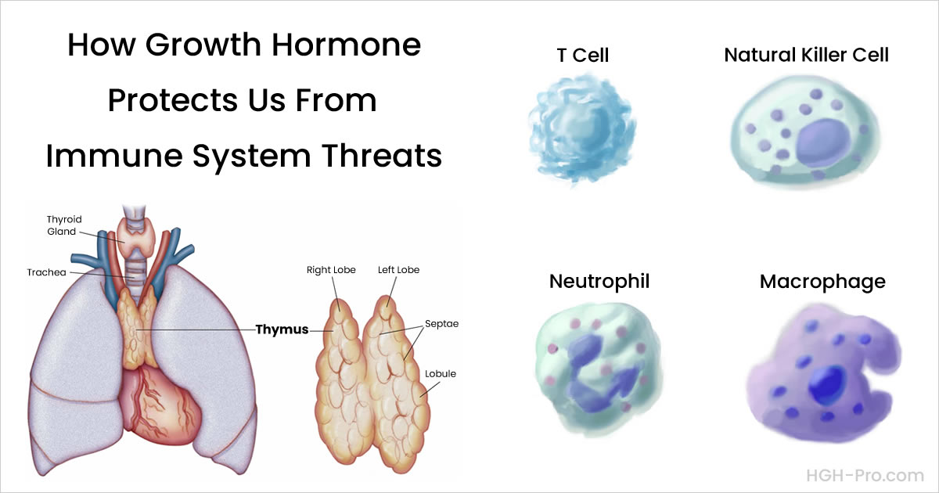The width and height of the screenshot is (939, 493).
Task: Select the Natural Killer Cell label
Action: point(806,56)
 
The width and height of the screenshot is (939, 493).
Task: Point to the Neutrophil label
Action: point(599,281)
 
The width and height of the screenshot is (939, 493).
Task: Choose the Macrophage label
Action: point(822,281)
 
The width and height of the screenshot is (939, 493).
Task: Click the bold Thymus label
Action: point(282,330)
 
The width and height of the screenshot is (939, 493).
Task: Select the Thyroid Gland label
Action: point(63,225)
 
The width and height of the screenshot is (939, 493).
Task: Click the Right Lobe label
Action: point(331,270)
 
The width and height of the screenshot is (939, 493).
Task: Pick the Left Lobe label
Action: point(398,270)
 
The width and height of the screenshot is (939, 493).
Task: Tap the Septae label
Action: point(443,323)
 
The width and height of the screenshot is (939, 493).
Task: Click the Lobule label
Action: point(441,374)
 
